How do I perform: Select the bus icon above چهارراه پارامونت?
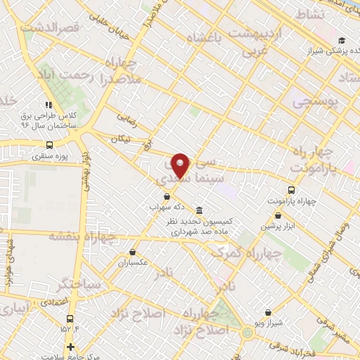291,189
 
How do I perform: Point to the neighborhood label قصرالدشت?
47,27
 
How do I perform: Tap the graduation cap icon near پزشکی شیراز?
342,40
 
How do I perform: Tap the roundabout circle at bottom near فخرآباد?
247,332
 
